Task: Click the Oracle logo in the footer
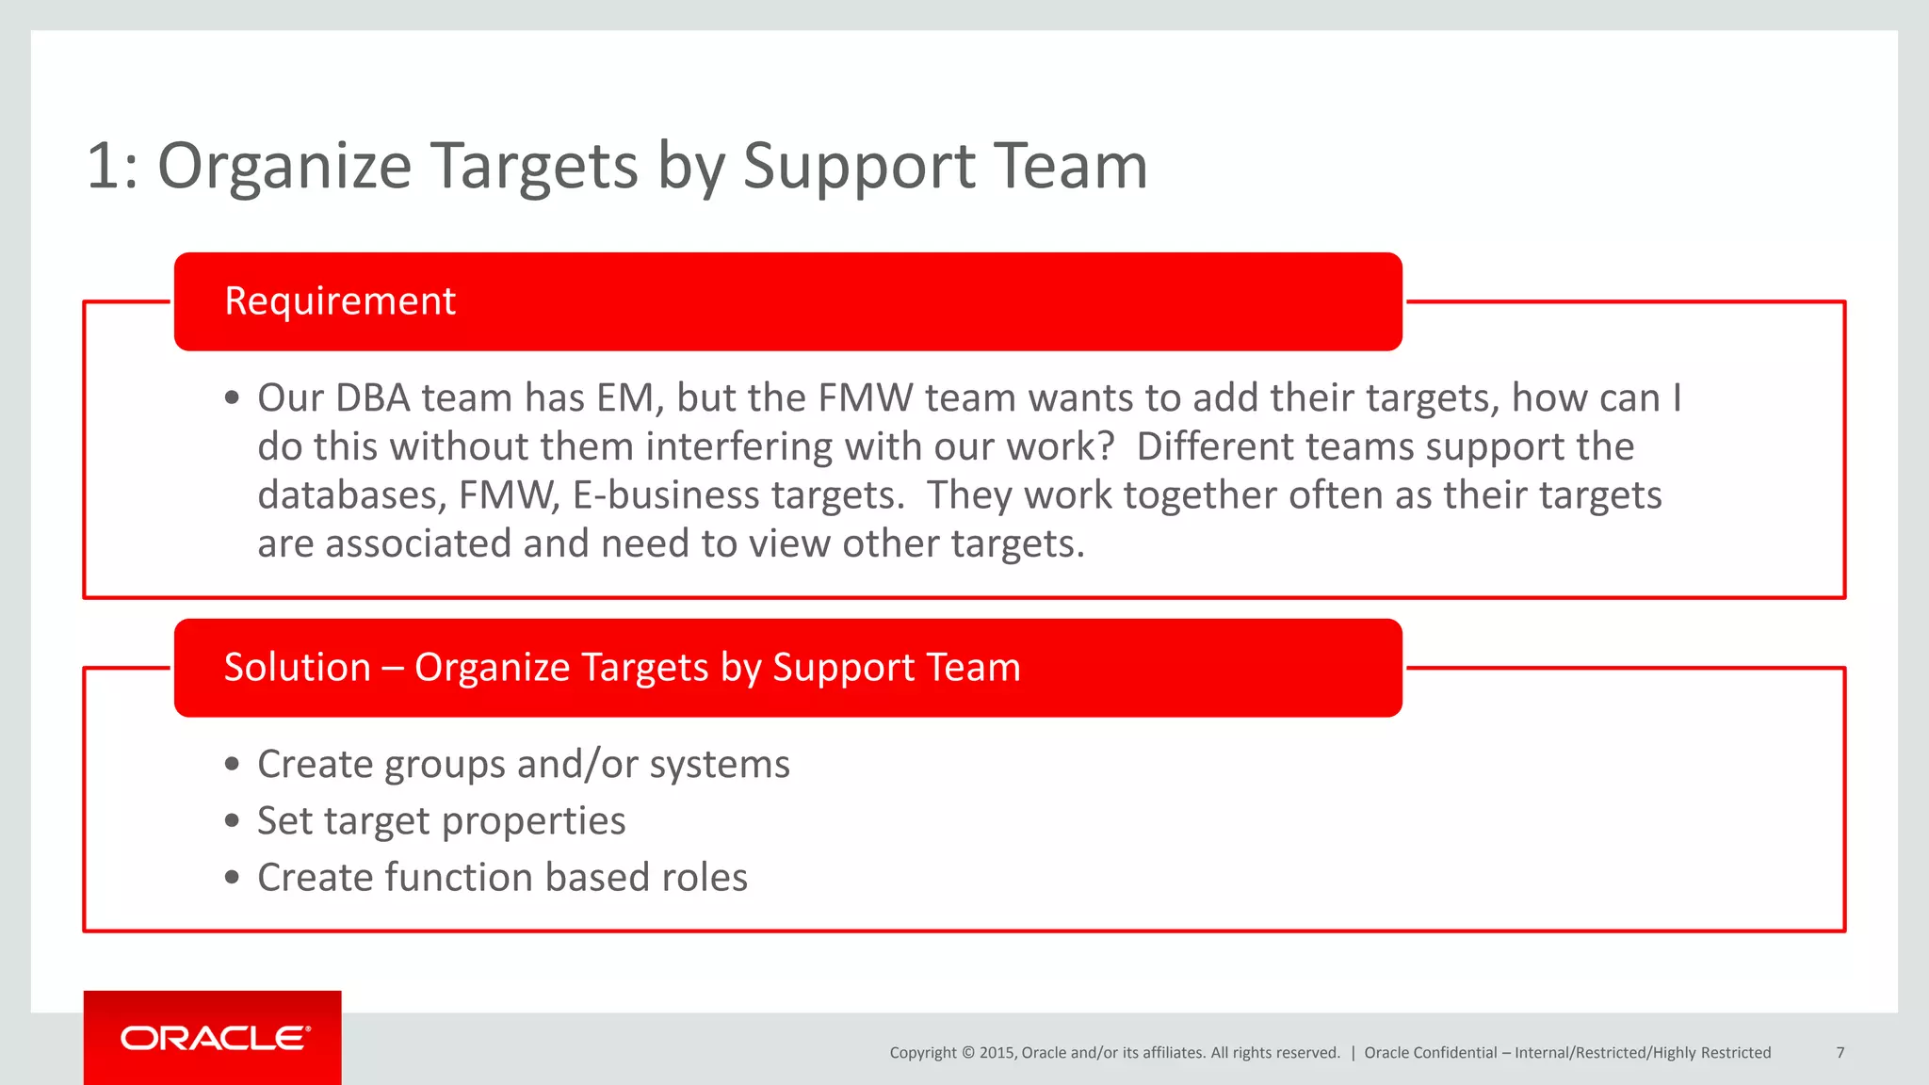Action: coord(214,1038)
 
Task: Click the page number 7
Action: coord(1840,1053)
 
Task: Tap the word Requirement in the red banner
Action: coord(340,301)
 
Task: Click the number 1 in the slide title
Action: coord(104,167)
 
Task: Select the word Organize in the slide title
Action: coord(284,167)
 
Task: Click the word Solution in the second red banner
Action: coord(297,668)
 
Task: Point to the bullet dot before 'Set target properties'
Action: coord(233,821)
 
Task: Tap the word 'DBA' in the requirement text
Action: coord(373,398)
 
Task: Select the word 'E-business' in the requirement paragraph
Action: coord(665,495)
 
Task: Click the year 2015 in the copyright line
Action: coord(997,1053)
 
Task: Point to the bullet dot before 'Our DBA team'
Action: coord(233,398)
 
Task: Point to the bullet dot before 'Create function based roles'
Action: coord(233,878)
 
